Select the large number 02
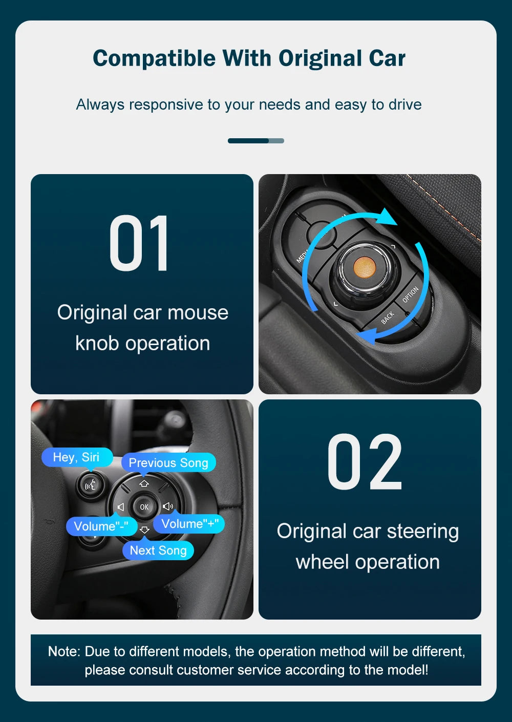point(365,462)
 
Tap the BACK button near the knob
point(388,317)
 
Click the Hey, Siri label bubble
point(76,457)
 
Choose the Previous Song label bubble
point(168,462)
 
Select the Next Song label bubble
point(158,550)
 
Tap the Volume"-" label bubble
point(101,526)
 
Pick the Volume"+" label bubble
point(189,523)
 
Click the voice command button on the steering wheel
point(90,483)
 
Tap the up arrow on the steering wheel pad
point(144,483)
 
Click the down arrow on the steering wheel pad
point(144,530)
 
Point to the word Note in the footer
point(63,651)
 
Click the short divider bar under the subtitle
point(255,141)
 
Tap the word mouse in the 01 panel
point(198,312)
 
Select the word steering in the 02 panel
point(422,531)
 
